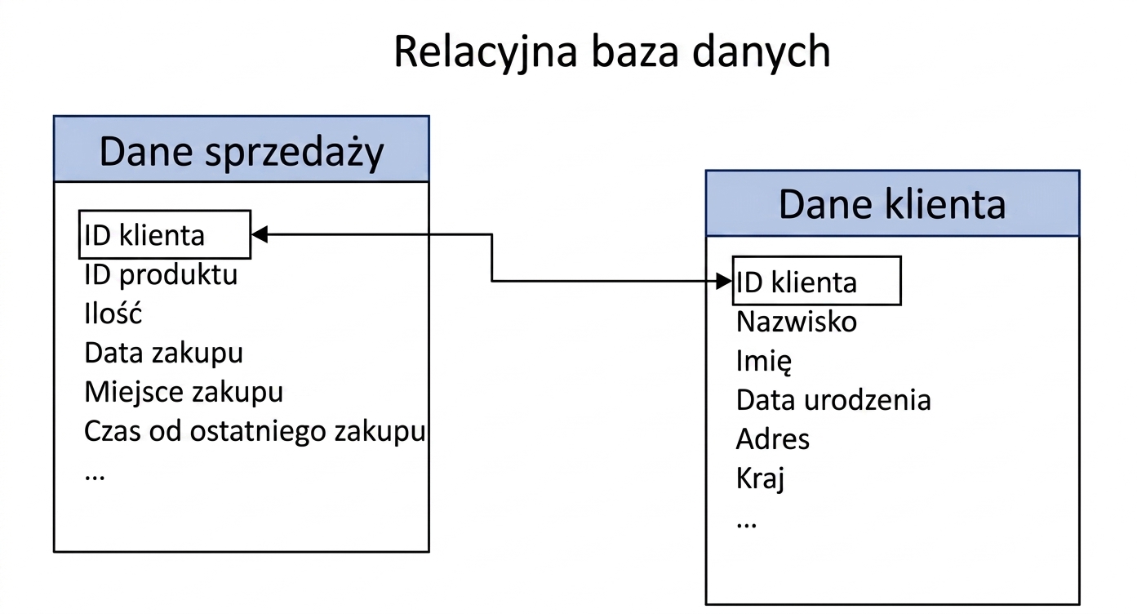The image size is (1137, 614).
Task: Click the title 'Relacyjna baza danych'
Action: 611,52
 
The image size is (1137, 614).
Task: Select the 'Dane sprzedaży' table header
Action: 242,149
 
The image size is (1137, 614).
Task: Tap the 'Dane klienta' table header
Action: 892,203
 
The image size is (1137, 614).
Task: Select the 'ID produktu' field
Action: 161,275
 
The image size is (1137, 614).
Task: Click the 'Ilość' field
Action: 113,313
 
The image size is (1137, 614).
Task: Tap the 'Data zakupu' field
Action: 163,353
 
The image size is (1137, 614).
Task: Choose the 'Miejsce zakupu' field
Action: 184,392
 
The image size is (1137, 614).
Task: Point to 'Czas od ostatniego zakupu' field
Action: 255,431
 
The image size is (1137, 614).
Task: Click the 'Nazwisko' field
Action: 797,322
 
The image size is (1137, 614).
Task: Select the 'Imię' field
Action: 764,361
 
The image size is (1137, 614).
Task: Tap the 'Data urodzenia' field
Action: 833,400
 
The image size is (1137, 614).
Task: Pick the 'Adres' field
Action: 772,438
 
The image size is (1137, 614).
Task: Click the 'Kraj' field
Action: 761,478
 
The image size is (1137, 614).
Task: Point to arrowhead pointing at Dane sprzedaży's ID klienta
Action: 259,234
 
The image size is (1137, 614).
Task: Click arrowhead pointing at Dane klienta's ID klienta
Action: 724,281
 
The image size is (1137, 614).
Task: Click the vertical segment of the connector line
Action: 492,258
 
